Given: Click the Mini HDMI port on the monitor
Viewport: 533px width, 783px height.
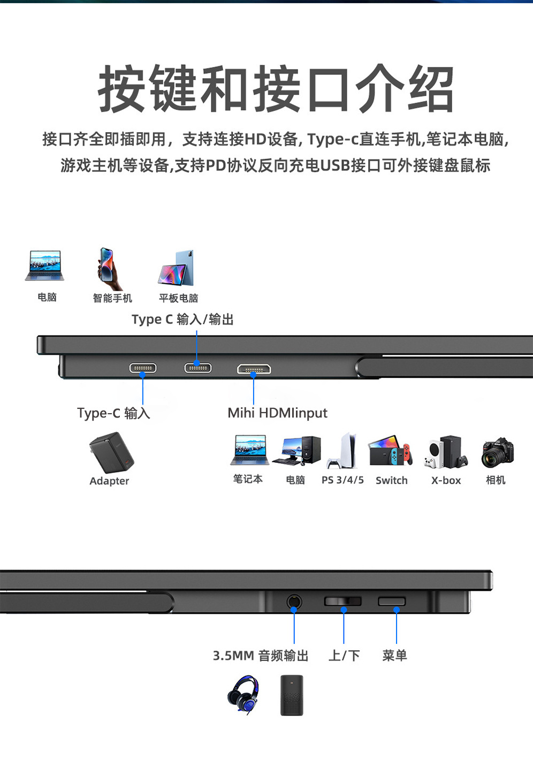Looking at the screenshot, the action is [254, 369].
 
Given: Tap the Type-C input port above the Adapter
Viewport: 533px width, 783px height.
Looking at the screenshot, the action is [143, 368].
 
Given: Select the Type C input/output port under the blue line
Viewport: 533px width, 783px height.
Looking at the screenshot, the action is [198, 368].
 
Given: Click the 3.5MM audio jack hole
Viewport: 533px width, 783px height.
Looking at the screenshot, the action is [294, 602].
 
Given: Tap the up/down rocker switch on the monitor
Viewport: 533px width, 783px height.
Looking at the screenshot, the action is [343, 602].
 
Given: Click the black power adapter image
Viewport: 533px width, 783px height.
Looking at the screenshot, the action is [111, 453].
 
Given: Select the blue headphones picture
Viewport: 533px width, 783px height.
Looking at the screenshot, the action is [243, 694].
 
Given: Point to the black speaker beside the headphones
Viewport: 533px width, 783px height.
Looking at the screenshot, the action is [292, 695].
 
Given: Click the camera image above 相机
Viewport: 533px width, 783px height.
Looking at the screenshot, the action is [497, 452].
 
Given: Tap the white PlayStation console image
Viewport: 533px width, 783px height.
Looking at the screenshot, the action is [343, 451].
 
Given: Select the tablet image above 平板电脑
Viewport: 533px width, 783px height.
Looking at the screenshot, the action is [177, 269].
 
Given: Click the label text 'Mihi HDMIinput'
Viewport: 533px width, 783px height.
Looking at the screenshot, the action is [277, 413].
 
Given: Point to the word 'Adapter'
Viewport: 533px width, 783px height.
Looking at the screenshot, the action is [109, 481].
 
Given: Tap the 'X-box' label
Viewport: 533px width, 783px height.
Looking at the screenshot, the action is [446, 480].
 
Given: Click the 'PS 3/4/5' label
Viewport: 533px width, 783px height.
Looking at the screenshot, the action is [342, 480].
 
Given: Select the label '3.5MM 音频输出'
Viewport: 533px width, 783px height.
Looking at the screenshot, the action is [261, 656].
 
